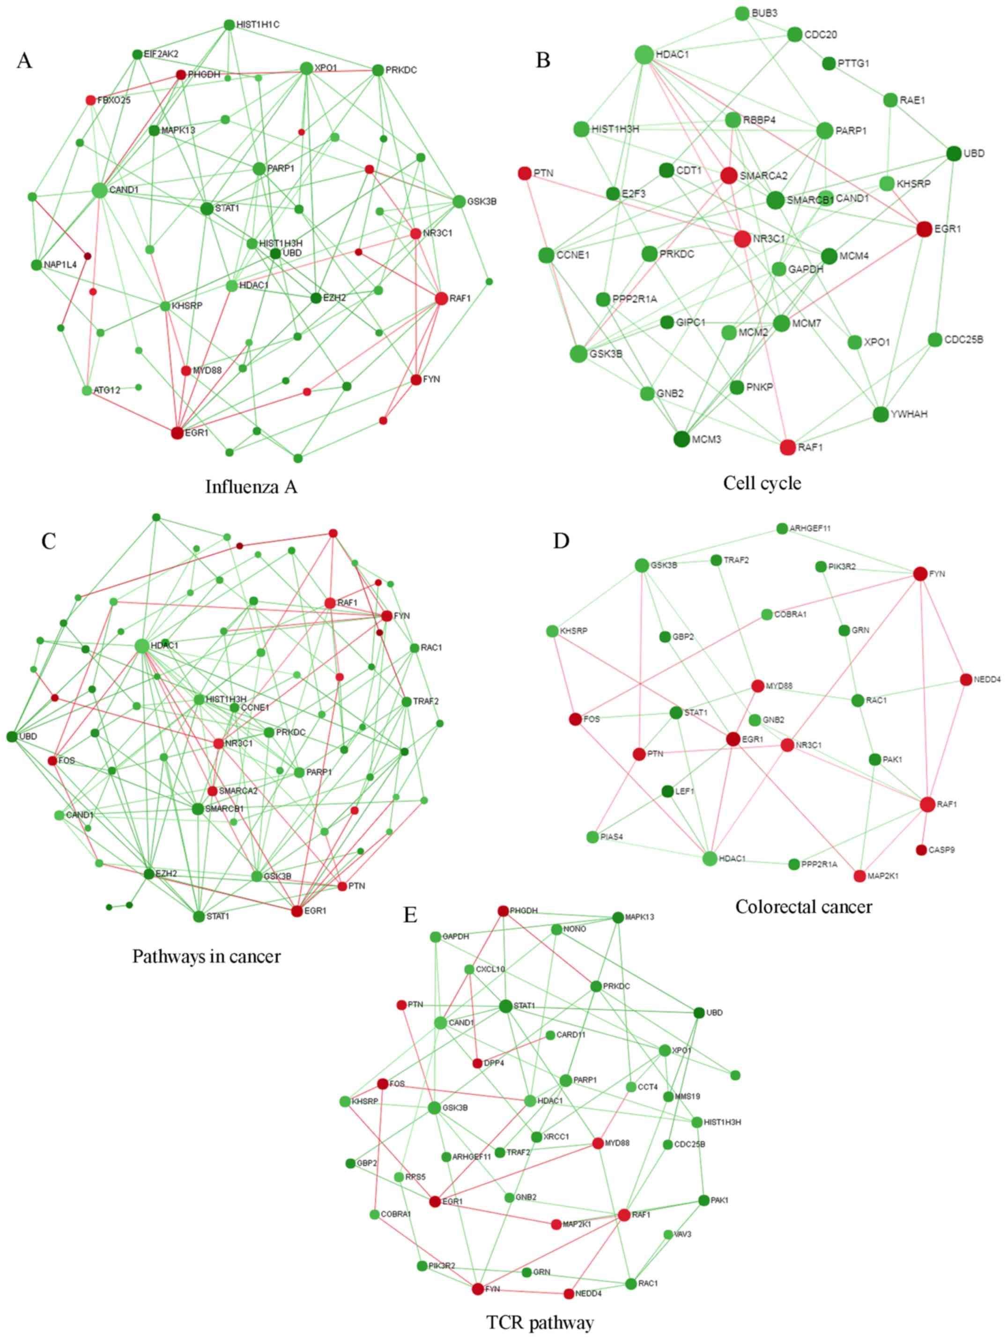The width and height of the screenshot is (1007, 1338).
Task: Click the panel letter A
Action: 24,60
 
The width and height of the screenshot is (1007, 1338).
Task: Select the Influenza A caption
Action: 251,486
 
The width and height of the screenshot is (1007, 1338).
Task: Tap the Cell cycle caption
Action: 762,483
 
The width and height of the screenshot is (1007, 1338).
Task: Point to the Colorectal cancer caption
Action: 804,906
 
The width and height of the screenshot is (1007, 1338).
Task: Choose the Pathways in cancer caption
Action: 207,956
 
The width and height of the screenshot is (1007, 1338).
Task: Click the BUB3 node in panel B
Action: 742,13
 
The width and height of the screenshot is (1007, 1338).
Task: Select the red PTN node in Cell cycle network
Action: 525,174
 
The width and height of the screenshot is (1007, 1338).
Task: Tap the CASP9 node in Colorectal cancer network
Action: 922,850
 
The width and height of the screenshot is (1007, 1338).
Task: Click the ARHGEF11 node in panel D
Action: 782,529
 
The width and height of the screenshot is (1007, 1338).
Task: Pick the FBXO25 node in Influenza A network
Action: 91,100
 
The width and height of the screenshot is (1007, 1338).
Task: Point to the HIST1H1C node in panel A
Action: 230,25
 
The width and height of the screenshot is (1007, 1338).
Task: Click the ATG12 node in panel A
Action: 87,390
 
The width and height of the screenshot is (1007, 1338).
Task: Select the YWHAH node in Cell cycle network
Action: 881,414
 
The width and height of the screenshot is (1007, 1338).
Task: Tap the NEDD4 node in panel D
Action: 966,680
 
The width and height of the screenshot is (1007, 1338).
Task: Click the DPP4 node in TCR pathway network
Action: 477,1063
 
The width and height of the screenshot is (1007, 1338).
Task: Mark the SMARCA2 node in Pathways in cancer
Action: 213,791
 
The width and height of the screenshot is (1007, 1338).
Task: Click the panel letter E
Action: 410,915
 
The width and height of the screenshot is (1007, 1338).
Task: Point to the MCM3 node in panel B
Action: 681,439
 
